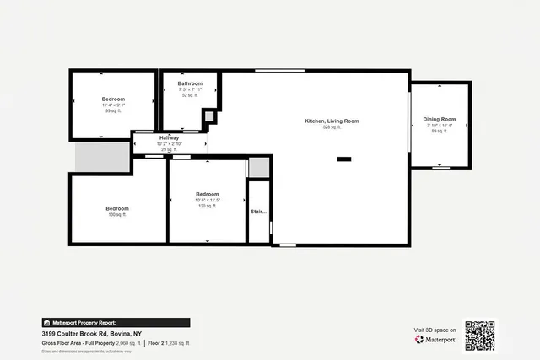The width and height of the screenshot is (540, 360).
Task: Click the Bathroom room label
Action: click(x=190, y=83)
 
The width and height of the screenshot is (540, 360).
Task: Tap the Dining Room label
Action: click(x=439, y=120)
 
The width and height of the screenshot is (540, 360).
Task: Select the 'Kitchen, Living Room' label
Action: click(x=332, y=121)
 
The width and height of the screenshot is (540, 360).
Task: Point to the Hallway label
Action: click(x=170, y=137)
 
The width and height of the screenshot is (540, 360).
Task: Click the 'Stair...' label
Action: click(x=258, y=212)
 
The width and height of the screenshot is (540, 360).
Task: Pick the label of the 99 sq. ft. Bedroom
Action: click(x=114, y=99)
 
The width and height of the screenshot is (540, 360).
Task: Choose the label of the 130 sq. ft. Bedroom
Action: click(x=116, y=208)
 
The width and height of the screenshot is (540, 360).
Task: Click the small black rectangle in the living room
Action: click(x=344, y=159)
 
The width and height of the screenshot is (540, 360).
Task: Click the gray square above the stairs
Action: click(x=258, y=168)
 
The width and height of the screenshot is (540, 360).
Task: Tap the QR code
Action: click(x=480, y=336)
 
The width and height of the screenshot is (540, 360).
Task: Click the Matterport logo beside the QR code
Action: click(x=435, y=340)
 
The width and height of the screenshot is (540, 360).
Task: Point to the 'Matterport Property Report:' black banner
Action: click(x=116, y=322)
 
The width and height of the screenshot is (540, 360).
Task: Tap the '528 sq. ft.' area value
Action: click(x=332, y=128)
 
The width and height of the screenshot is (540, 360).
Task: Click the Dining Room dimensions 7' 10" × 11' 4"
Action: click(x=439, y=126)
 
